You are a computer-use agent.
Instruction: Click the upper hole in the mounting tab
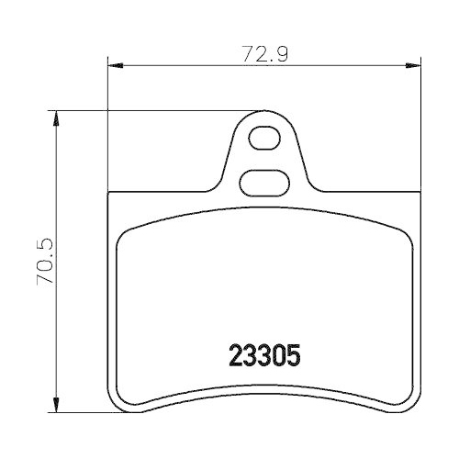click(x=264, y=140)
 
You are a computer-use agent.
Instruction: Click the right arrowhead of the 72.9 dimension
click(x=417, y=65)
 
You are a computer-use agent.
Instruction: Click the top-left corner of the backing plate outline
click(x=110, y=193)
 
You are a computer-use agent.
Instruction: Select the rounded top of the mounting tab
click(x=264, y=116)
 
